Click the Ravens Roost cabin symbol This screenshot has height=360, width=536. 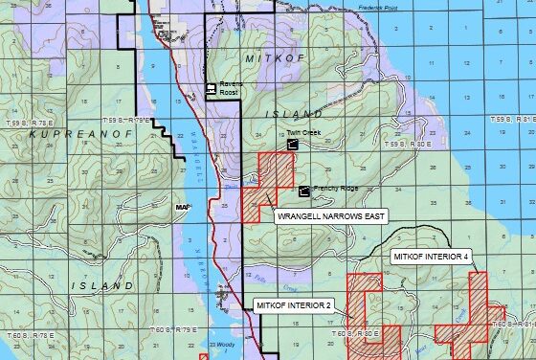coord(211,91)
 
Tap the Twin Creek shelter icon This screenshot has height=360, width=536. coord(292,143)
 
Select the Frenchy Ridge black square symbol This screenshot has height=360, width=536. coord(304,191)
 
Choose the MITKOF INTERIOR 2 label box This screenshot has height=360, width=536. coord(293,305)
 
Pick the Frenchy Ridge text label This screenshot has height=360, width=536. coord(336,189)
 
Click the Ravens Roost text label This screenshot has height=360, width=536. coord(231,87)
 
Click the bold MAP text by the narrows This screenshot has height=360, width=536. coord(183,207)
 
